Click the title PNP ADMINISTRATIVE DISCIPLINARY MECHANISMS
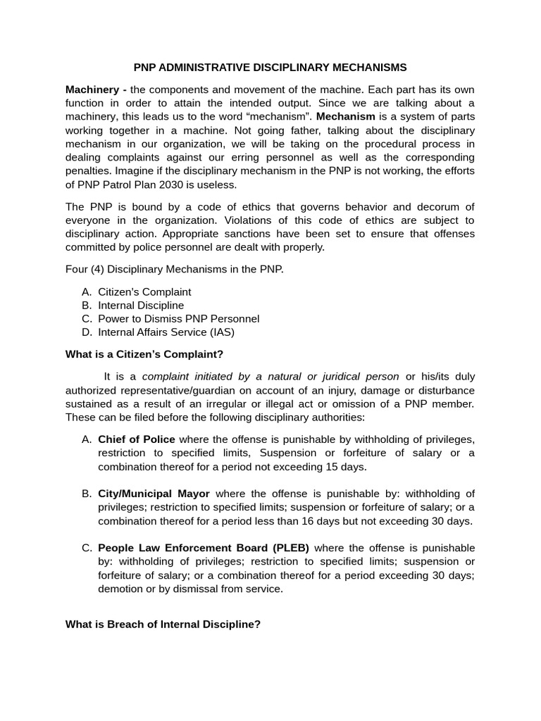[x=270, y=68]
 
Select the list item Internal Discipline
[x=141, y=305]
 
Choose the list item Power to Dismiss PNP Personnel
[x=178, y=318]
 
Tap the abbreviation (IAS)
[x=220, y=332]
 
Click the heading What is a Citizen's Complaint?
[x=144, y=354]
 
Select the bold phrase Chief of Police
[x=137, y=439]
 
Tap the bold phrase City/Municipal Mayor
[x=154, y=494]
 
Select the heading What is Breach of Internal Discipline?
[x=163, y=624]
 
